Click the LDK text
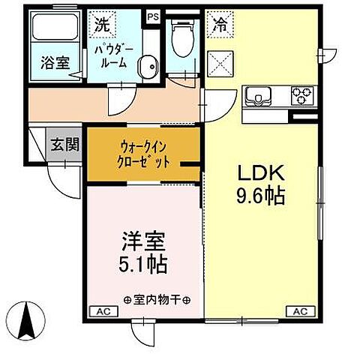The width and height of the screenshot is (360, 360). [x=259, y=172]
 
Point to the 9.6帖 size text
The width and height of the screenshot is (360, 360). [x=259, y=196]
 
